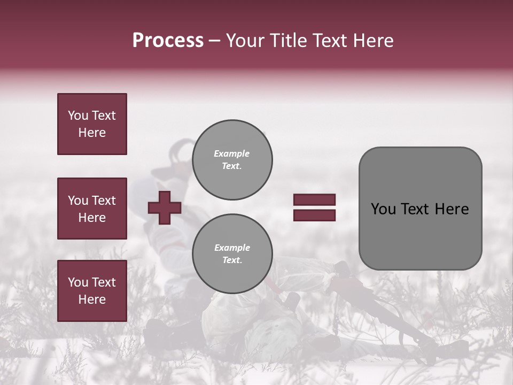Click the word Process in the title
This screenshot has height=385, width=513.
(x=168, y=41)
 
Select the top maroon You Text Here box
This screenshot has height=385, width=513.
(x=92, y=124)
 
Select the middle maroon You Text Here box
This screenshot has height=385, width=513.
(x=92, y=209)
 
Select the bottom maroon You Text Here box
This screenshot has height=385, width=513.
(x=92, y=291)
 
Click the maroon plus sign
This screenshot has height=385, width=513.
(x=165, y=207)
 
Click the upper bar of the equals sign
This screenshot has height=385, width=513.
(x=314, y=199)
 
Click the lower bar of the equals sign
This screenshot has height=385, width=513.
(x=314, y=215)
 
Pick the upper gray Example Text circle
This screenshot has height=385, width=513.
(x=232, y=160)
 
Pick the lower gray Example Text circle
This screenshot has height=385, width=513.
(x=232, y=254)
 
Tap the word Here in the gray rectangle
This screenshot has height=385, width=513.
(x=452, y=209)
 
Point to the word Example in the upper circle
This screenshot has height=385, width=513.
(x=232, y=153)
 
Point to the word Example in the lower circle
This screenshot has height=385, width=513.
(x=232, y=248)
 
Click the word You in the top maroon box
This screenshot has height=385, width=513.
(x=78, y=115)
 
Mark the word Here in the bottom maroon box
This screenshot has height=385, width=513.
(x=92, y=299)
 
